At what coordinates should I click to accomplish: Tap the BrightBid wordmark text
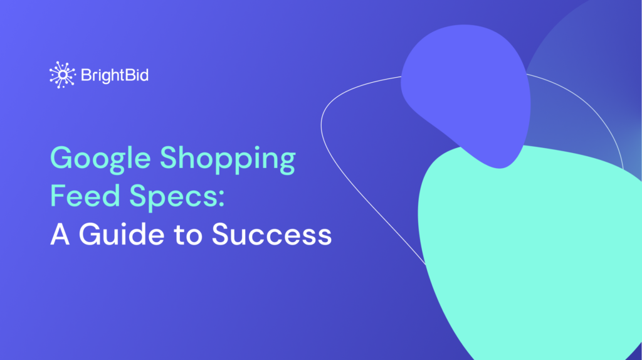114,76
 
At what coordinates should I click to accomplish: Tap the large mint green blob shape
533,251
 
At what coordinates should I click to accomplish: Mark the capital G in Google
63,159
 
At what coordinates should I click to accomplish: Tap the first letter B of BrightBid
86,76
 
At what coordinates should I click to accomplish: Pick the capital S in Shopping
169,159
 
